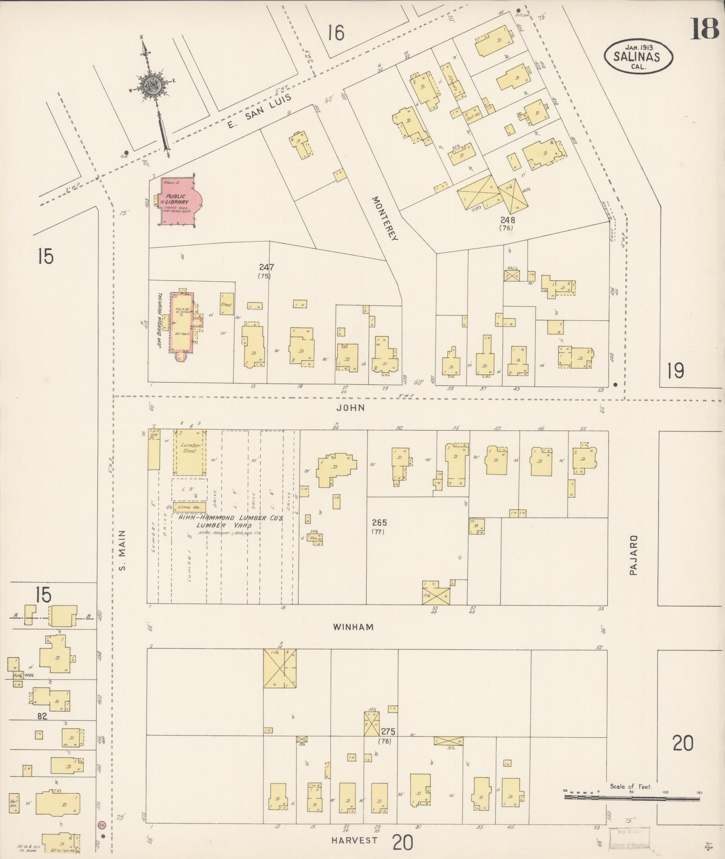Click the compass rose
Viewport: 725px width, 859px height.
[x=153, y=85]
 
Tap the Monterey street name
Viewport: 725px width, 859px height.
[x=385, y=219]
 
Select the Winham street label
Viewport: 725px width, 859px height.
[x=353, y=627]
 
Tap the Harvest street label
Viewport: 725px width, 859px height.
[x=355, y=841]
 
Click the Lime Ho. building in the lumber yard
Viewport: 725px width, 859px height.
[x=189, y=507]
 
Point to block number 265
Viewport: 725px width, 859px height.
[x=379, y=523]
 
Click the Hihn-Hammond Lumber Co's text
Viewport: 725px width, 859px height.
[x=230, y=518]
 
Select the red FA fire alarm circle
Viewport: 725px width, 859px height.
[x=102, y=825]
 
